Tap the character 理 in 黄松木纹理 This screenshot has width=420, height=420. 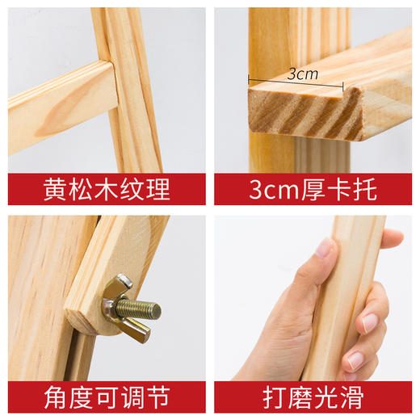pyautogui.click(x=158, y=190)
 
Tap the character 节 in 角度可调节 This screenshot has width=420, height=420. pyautogui.click(x=158, y=397)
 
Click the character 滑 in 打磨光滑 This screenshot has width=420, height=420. pyautogui.click(x=351, y=397)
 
